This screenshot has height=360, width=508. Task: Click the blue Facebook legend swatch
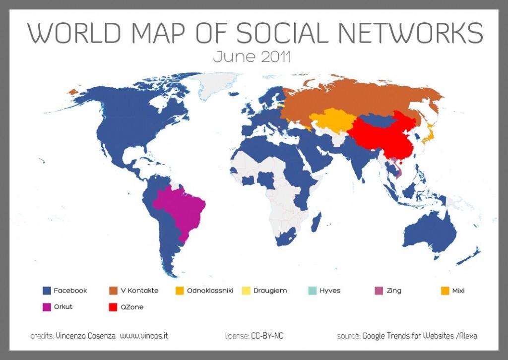(x=47, y=291)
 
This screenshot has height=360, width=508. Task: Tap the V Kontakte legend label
(x=139, y=291)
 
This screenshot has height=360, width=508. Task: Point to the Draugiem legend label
(x=270, y=291)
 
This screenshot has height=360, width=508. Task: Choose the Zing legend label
(x=393, y=291)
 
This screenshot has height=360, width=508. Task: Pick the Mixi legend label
(x=458, y=291)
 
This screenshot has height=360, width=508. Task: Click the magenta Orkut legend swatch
(x=47, y=307)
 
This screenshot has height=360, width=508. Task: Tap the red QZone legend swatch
(x=113, y=307)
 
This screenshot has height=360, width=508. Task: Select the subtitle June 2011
(x=252, y=57)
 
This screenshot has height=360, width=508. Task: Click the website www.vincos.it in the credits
(x=144, y=336)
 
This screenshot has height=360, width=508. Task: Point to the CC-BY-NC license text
(x=267, y=336)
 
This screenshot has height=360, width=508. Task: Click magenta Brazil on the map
(x=181, y=208)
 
